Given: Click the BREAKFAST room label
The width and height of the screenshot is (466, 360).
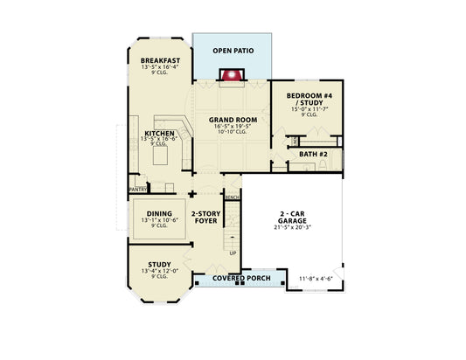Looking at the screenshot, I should click(x=160, y=60).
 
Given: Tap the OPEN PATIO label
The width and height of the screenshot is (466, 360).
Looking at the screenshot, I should click(x=232, y=52).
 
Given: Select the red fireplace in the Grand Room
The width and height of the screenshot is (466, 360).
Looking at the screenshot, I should click(x=232, y=80).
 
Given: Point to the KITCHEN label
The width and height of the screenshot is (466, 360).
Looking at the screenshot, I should click(x=160, y=134).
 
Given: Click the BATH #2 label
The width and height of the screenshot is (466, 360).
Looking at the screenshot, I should click(x=313, y=155).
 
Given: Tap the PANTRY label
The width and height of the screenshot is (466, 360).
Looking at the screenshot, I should click(x=137, y=189).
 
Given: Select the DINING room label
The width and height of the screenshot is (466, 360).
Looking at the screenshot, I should click(x=159, y=212).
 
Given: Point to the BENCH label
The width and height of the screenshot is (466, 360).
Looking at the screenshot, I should click(x=232, y=197).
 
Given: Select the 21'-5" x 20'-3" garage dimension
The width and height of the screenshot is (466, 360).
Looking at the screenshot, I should click(x=293, y=227).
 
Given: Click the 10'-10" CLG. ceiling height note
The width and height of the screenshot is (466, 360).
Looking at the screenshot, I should click(x=232, y=132).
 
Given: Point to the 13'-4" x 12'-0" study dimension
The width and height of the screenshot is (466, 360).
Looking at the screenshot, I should click(x=159, y=271).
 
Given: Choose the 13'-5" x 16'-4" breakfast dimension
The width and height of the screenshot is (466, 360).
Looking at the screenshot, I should click(x=160, y=66).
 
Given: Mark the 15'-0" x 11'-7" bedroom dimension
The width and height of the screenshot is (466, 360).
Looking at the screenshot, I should click(x=308, y=108).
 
